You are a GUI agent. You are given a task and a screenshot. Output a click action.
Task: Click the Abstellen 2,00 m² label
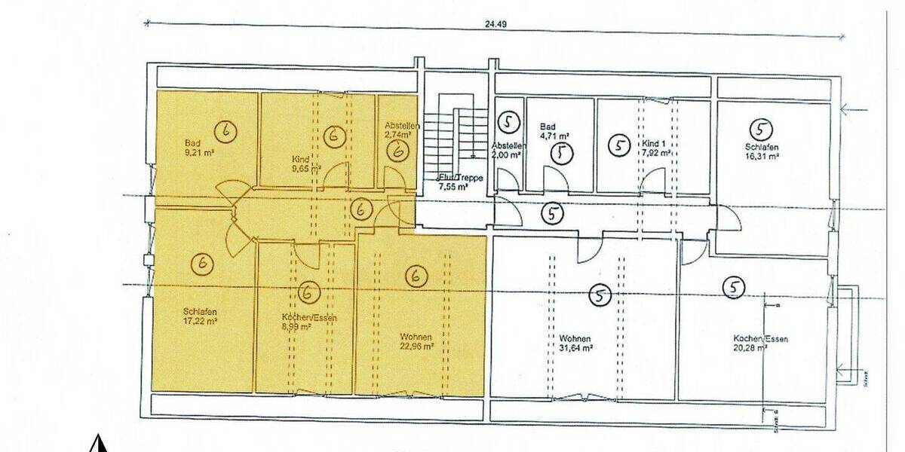click(x=505, y=149)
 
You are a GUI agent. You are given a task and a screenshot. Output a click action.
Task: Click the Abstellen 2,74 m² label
click(x=397, y=130)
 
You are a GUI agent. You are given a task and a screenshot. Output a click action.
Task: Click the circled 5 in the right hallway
click(x=554, y=214)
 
